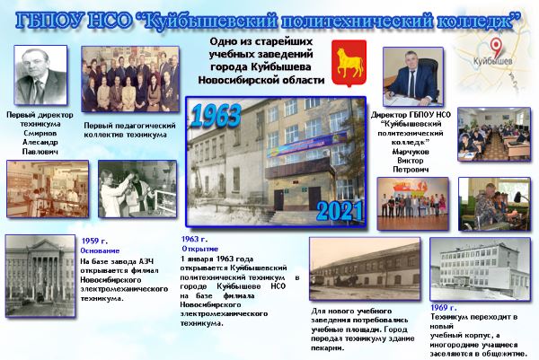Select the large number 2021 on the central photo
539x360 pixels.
(335, 209)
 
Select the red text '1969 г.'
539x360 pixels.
(444, 307)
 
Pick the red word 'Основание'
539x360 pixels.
(99, 250)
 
